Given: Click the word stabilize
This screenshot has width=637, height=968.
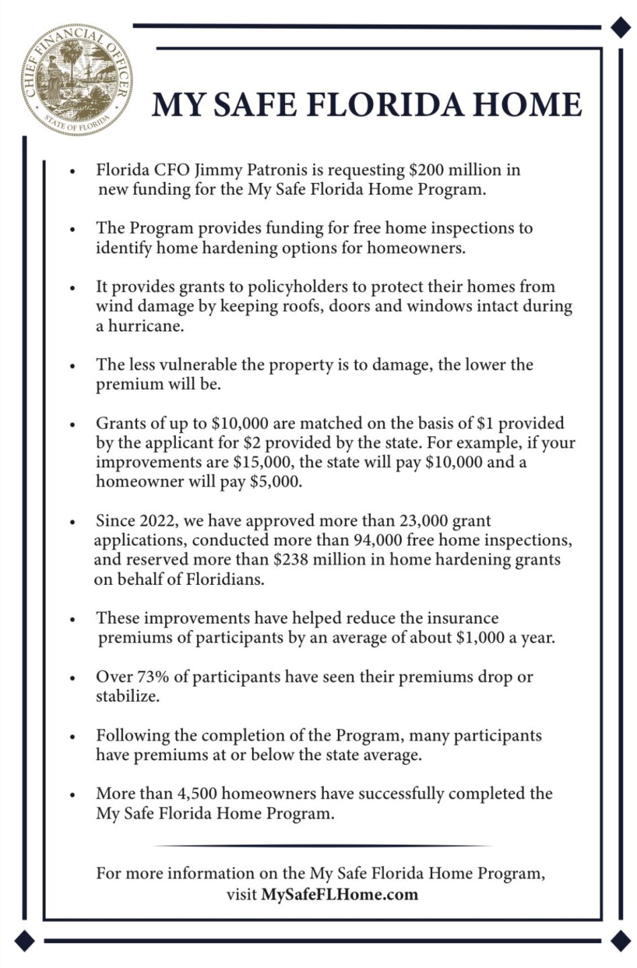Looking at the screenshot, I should tap(127, 696).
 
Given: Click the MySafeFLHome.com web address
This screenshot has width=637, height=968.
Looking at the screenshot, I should tap(339, 895).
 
